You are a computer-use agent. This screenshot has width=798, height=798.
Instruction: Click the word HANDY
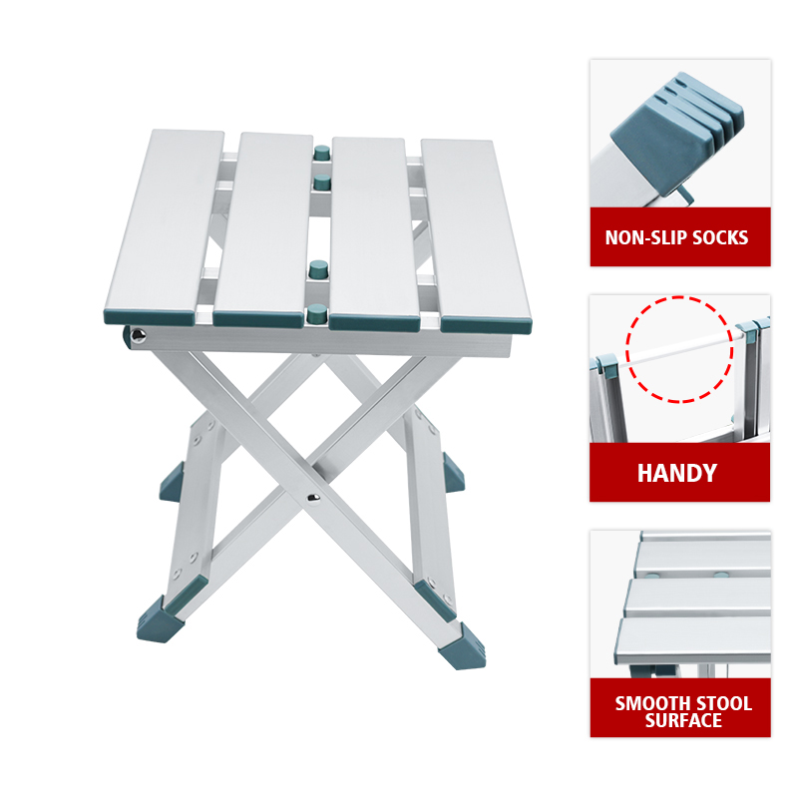[x=677, y=473]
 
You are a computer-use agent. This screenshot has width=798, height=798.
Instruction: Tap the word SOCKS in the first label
[x=720, y=237]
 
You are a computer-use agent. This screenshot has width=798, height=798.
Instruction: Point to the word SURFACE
[x=683, y=720]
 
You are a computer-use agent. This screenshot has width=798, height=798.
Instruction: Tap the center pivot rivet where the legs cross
[x=313, y=498]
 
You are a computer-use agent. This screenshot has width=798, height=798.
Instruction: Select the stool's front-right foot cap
[x=462, y=646]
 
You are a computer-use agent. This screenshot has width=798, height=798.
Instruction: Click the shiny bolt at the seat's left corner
[x=138, y=335]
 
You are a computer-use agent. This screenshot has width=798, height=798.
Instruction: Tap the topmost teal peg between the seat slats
[x=321, y=153]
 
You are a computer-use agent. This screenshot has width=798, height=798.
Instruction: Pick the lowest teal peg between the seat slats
[x=317, y=313]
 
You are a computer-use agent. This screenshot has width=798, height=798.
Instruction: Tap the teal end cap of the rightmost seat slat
[x=486, y=325]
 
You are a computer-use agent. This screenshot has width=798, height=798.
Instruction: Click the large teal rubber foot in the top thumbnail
[x=676, y=134]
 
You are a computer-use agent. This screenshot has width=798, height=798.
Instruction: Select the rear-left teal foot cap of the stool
[x=172, y=482]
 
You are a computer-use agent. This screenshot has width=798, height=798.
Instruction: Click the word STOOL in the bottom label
[x=724, y=704]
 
